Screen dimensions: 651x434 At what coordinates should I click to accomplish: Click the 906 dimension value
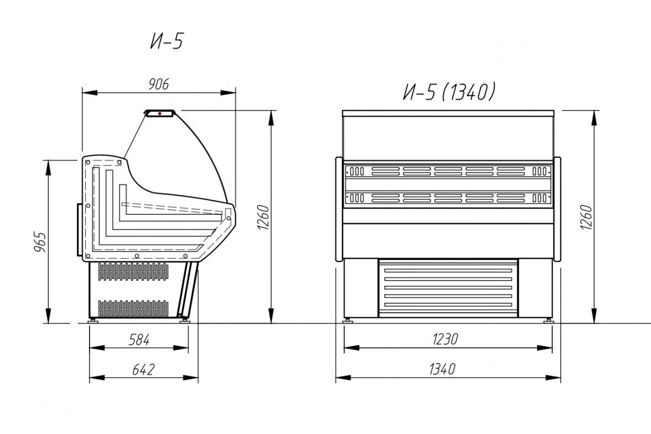[x=158, y=85]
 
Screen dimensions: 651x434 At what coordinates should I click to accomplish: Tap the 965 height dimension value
[x=40, y=242]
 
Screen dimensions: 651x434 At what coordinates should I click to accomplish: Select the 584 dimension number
[x=139, y=340]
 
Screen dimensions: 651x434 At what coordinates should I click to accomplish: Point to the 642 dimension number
[x=143, y=370]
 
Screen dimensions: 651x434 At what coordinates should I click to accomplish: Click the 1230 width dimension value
[x=445, y=339]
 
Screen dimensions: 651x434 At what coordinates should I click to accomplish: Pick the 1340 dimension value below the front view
[x=442, y=369]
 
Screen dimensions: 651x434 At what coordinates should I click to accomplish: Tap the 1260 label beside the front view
[x=586, y=217]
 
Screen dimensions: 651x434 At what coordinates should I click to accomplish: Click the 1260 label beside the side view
[x=264, y=217]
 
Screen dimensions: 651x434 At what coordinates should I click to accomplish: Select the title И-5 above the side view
[x=167, y=41]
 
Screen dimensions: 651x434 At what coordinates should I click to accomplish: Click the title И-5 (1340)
[x=449, y=92]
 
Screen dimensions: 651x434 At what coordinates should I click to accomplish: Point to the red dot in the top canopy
[x=159, y=114]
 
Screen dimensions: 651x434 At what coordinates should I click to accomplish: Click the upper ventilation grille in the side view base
[x=133, y=272]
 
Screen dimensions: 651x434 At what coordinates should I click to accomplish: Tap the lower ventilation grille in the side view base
[x=133, y=309]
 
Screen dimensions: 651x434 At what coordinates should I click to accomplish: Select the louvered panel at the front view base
[x=448, y=288]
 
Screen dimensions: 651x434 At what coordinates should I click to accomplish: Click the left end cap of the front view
[x=339, y=209]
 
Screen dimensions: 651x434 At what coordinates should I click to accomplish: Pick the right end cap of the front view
[x=557, y=209]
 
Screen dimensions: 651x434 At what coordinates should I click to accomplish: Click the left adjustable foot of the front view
[x=347, y=321]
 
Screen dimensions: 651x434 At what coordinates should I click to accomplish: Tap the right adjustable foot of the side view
[x=185, y=321]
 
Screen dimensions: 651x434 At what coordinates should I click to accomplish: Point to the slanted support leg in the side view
[x=188, y=290]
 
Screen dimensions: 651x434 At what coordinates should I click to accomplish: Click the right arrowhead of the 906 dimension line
[x=228, y=93]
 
